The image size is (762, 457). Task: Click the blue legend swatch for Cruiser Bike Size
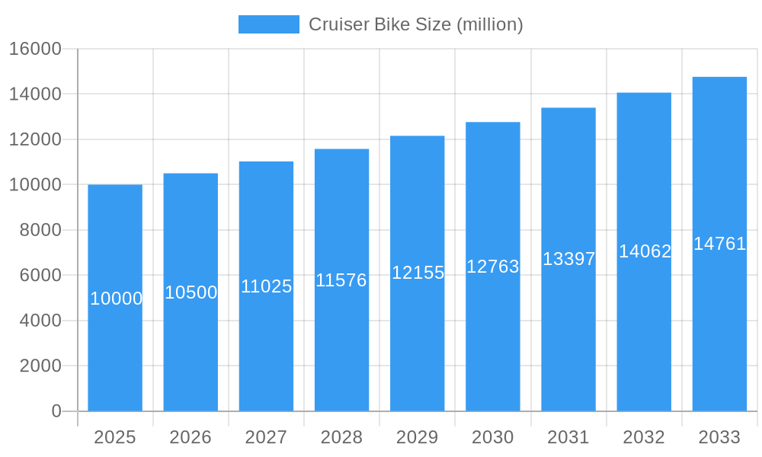(268, 24)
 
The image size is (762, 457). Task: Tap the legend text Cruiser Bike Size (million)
(415, 24)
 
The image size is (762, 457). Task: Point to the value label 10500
(190, 292)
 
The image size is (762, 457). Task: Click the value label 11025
(266, 286)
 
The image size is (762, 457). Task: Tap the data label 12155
(418, 273)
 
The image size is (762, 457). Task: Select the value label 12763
(493, 267)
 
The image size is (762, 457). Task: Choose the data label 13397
(568, 259)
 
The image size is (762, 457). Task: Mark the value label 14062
(644, 251)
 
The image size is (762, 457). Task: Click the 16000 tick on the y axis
(35, 49)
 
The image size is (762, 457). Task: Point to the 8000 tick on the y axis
(40, 230)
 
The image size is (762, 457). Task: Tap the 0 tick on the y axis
(56, 411)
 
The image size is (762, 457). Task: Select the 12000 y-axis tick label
(35, 139)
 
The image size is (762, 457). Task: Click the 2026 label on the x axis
(190, 437)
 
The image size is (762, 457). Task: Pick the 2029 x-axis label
(418, 437)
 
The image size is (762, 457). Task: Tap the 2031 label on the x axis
(568, 437)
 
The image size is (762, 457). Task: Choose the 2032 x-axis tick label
(644, 437)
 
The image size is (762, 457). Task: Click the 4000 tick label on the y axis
(40, 321)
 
